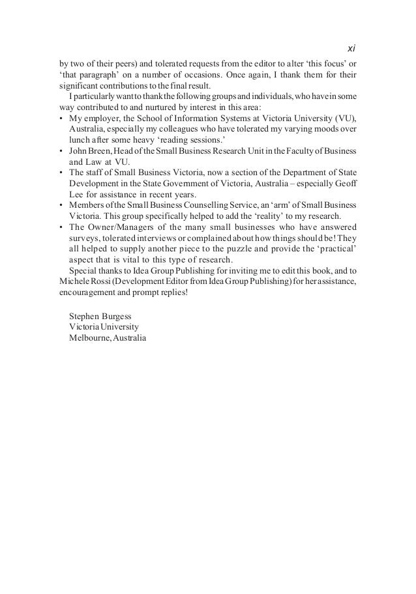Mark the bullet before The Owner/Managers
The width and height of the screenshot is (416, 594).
[x=61, y=227]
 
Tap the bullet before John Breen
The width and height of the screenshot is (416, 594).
[x=61, y=150]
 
